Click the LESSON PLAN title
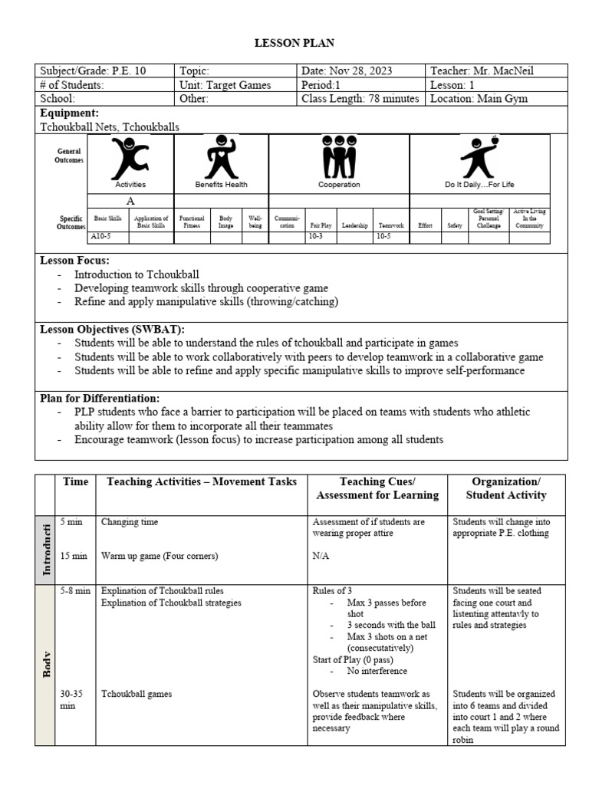tap(294, 44)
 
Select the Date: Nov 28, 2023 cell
tap(347, 71)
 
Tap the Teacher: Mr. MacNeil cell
tap(481, 71)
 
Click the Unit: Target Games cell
tap(225, 85)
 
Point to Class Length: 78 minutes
tap(360, 99)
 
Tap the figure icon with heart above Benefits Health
tap(221, 157)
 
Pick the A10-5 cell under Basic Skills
tap(102, 238)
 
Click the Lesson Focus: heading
tap(74, 261)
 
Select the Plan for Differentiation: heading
tap(100, 398)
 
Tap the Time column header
tap(74, 482)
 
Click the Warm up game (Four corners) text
tap(160, 556)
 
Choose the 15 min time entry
tap(74, 556)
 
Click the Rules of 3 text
tap(333, 591)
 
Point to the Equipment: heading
tap(69, 113)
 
